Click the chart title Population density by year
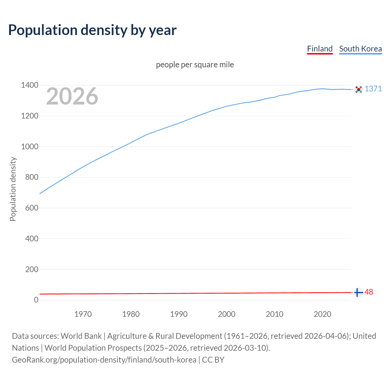tap(92, 30)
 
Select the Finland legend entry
tap(320, 49)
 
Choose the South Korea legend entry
tap(360, 49)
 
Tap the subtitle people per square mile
tap(195, 65)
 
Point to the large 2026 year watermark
tap(72, 96)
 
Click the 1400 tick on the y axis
tap(30, 85)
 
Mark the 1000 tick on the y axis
tap(30, 147)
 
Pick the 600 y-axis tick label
tap(32, 208)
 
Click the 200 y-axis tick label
tap(32, 269)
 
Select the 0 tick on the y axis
tap(36, 300)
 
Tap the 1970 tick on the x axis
tap(83, 314)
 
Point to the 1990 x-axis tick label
tap(179, 314)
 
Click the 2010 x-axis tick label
tap(275, 314)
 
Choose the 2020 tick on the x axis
tap(322, 314)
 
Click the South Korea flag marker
tap(359, 89)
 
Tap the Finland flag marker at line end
tap(358, 292)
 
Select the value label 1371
tap(373, 89)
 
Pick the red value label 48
tap(369, 292)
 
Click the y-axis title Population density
tap(13, 189)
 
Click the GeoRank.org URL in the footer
tap(104, 360)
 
